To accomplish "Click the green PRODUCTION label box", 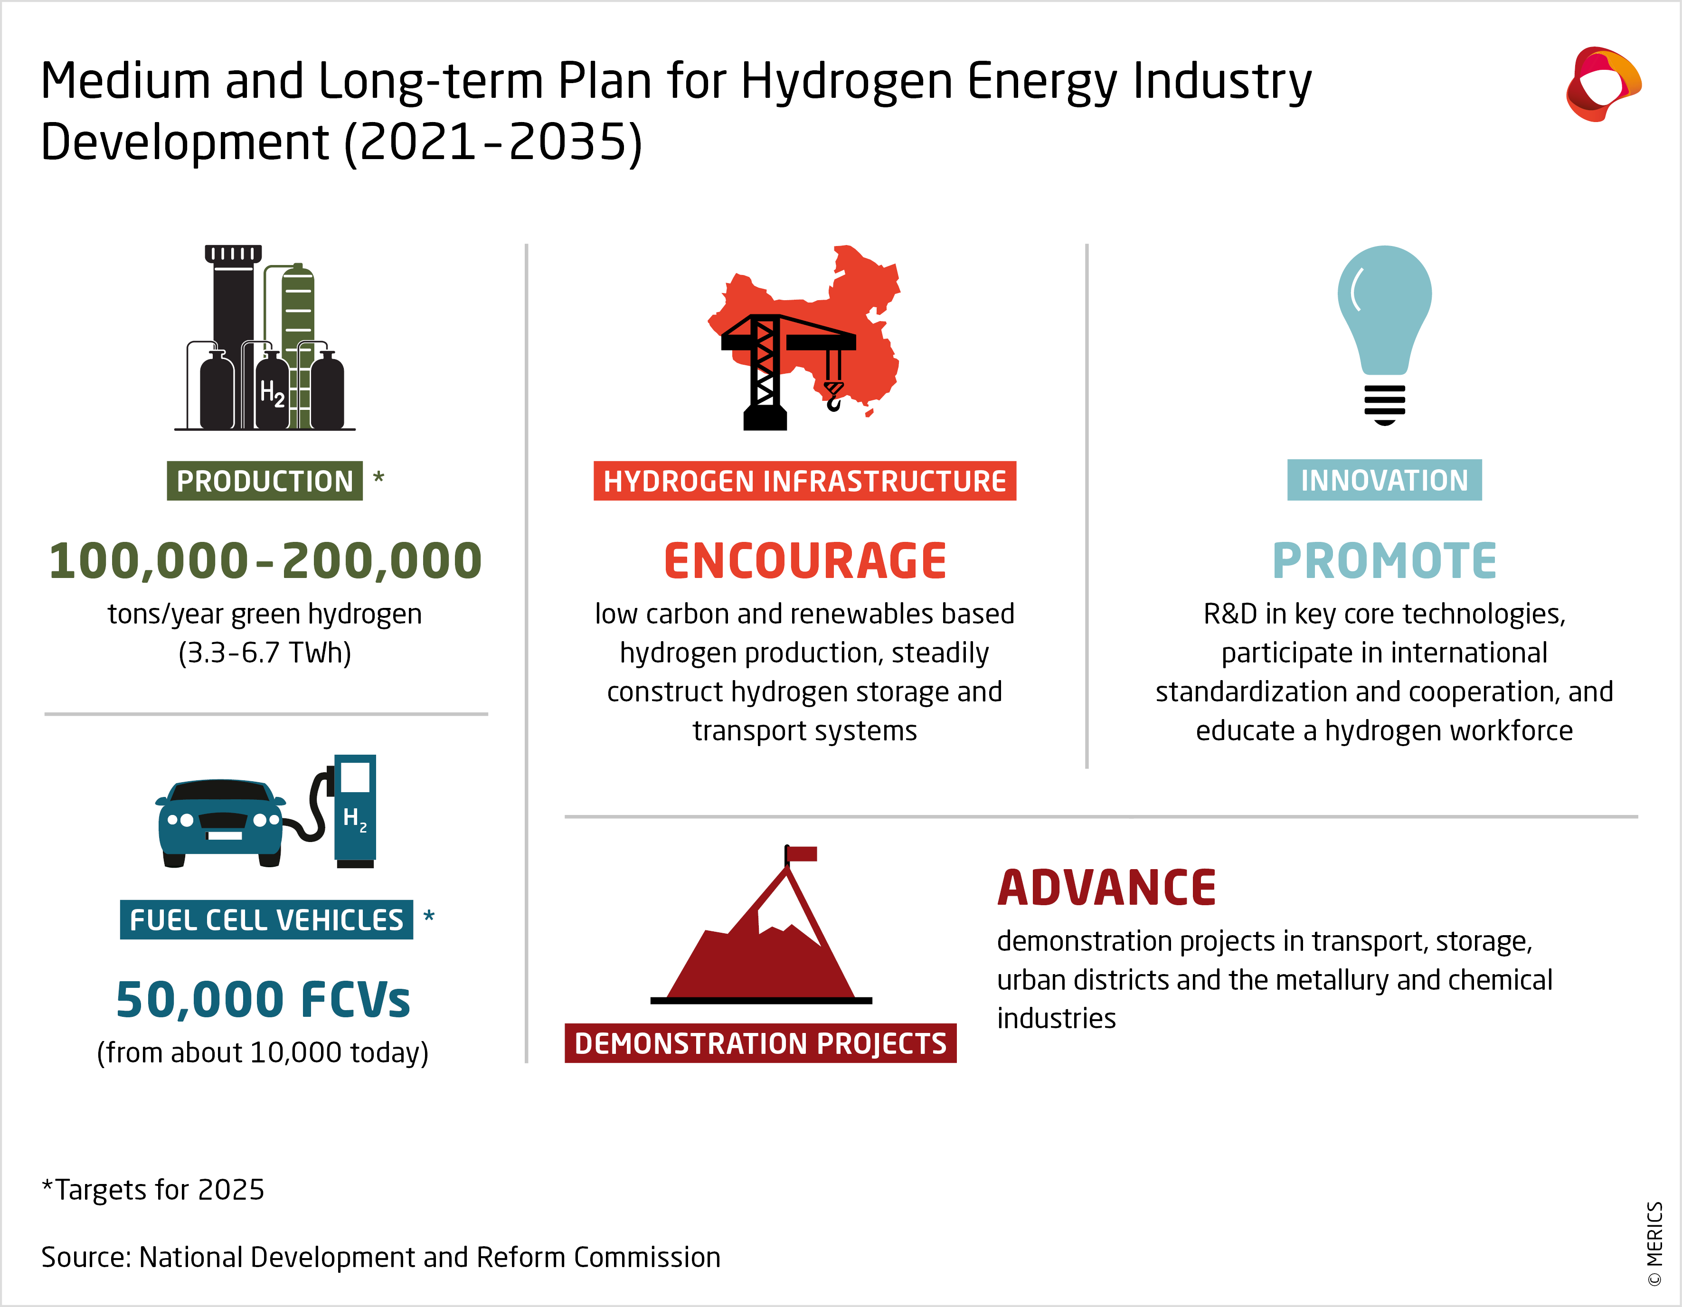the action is pos(264,481).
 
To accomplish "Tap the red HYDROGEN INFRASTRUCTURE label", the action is pos(805,481).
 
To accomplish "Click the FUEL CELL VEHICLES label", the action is pos(266,919).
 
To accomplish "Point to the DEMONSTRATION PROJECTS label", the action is pos(760,1043).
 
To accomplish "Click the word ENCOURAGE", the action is pos(805,561).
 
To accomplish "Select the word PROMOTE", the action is pos(1384,561).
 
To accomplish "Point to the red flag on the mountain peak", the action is pos(802,853).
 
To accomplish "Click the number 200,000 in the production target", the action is pos(382,561).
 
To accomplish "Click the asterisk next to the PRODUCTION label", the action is pos(378,477).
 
